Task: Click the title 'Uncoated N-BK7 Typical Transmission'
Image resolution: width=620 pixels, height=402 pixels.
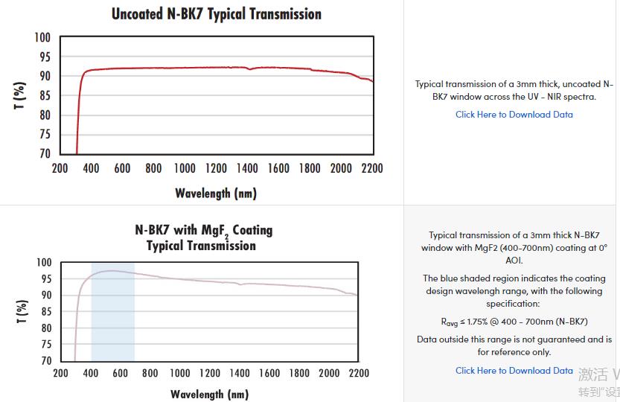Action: pos(216,14)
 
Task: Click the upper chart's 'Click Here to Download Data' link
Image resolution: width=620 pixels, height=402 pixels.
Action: pos(514,115)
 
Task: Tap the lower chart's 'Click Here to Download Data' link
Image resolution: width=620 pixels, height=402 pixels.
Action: pos(514,371)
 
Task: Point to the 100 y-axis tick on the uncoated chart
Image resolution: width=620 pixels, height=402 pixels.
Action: pos(42,38)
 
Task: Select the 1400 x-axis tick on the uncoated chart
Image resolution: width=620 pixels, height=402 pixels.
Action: pos(247,168)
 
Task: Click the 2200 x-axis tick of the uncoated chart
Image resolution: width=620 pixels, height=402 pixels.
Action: pos(372,168)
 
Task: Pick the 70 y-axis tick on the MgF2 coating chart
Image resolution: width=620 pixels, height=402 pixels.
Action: pos(45,361)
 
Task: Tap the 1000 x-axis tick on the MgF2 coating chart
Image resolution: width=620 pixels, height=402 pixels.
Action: pos(179,373)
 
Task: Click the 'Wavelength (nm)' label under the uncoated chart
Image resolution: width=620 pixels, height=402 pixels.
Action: pos(216,194)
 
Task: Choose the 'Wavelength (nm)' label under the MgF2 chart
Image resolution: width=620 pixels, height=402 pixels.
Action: pos(209,394)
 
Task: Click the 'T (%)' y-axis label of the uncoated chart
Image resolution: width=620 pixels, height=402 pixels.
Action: pos(21,95)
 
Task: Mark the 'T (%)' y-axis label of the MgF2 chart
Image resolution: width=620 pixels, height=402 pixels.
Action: pos(22,311)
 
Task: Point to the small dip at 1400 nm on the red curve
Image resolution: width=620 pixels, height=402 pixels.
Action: pos(249,69)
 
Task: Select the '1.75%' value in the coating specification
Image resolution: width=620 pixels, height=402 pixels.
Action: pos(476,322)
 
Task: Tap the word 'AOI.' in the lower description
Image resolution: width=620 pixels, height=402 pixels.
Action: pos(514,261)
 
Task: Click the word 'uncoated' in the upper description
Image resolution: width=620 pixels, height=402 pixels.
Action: pos(575,84)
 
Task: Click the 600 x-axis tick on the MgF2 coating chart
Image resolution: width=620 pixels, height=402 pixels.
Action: pos(120,373)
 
